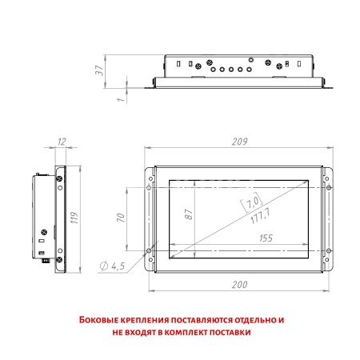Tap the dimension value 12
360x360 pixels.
click(x=62, y=142)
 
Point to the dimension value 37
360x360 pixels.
click(x=100, y=70)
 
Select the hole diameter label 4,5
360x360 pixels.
click(x=117, y=266)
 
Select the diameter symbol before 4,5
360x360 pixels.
click(x=104, y=266)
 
